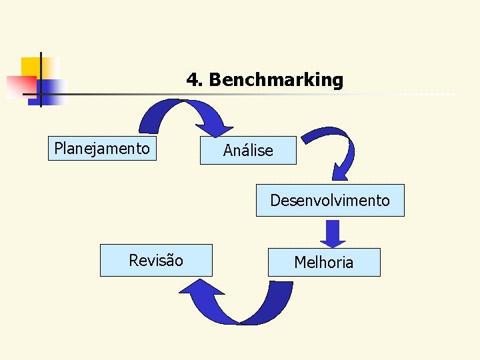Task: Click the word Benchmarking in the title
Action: (x=276, y=81)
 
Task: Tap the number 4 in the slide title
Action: (x=193, y=81)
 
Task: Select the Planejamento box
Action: (x=103, y=148)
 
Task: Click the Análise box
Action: (x=248, y=150)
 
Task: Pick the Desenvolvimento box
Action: (x=330, y=200)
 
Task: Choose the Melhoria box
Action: (x=324, y=262)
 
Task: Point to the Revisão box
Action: (x=156, y=260)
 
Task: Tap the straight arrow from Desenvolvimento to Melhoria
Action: (x=333, y=233)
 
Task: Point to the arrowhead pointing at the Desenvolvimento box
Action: (x=341, y=172)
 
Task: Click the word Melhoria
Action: (x=324, y=263)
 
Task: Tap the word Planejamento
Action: (x=102, y=148)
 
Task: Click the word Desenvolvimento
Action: (x=330, y=201)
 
